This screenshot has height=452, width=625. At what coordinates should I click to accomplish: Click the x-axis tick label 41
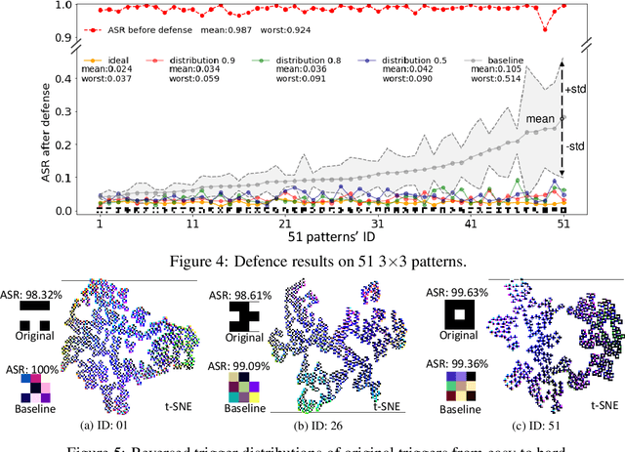[470, 224]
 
